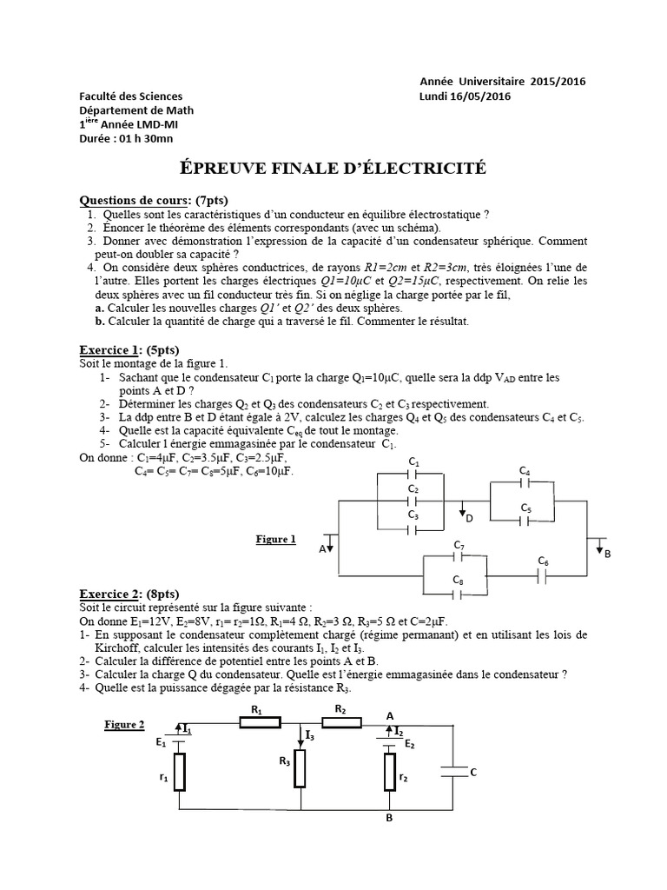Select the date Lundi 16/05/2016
point(465,96)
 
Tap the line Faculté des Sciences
point(130,96)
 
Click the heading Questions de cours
point(136,199)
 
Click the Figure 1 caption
point(275,539)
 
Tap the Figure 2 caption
point(124,724)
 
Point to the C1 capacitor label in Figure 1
point(414,461)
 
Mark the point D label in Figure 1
point(469,519)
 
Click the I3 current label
point(310,735)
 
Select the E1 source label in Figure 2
point(162,742)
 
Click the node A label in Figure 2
point(390,715)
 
